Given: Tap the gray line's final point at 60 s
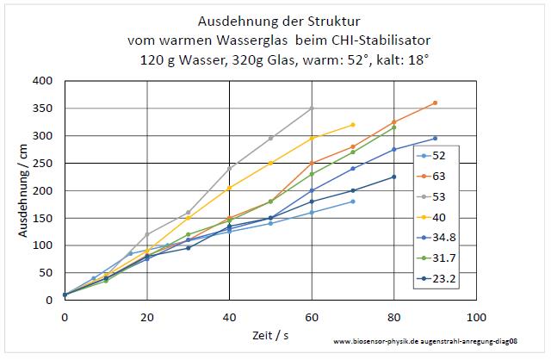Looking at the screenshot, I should (312, 109).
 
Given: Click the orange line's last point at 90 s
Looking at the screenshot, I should (435, 102).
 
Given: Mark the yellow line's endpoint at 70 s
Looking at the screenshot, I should (353, 125).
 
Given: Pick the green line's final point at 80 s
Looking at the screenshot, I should (393, 127).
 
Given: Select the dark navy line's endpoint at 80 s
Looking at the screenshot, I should (393, 177).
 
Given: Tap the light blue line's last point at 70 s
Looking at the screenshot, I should (353, 202).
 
